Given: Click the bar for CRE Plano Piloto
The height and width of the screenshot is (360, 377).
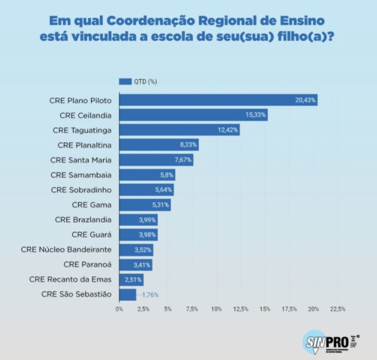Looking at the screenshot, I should [218, 100].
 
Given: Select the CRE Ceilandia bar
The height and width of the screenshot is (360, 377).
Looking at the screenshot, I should [193, 115].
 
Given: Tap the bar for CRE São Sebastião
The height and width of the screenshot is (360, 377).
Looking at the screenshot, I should [127, 294].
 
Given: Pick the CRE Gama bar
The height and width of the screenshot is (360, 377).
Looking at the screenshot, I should [145, 205].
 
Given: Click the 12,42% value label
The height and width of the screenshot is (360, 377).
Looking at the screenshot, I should [228, 130].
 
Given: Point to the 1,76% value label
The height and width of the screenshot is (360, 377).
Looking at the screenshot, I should [150, 294].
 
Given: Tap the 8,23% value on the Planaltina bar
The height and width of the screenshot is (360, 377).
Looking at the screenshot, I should [187, 145].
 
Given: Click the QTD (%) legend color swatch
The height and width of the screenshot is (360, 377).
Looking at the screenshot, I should [125, 81].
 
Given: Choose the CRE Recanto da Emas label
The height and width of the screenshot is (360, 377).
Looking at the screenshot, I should [70, 279].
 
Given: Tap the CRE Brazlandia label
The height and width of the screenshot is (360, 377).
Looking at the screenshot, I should [83, 219].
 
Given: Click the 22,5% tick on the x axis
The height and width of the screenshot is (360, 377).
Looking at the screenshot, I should [338, 309].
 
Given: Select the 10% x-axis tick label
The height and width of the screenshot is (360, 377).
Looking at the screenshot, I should [217, 309].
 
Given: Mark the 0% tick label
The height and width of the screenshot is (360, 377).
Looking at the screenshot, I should [120, 309].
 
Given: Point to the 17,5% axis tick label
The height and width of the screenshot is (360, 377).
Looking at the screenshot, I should [289, 309].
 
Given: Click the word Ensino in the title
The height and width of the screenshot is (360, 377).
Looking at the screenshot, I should [305, 20].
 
